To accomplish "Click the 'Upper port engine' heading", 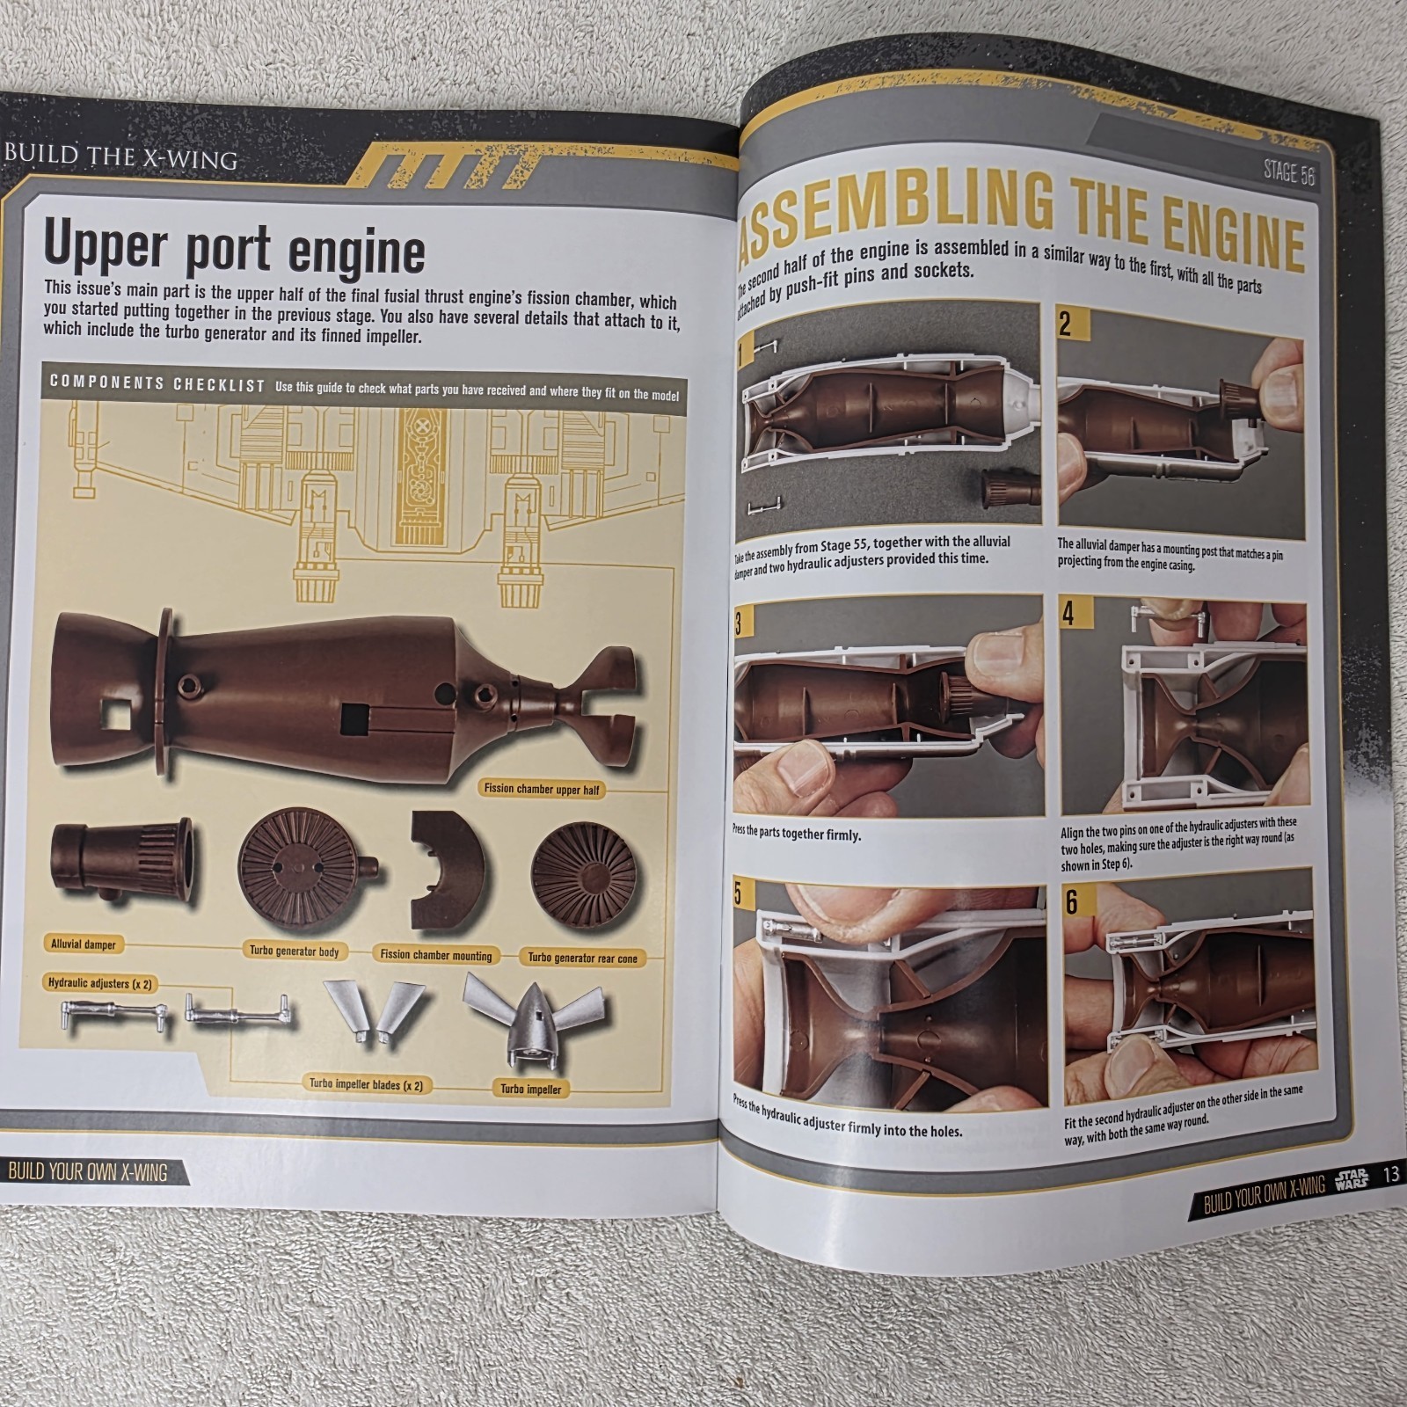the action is (235, 249).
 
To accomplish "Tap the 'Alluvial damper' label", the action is (83, 944).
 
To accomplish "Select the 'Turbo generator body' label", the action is (294, 951).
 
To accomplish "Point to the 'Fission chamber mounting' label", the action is (436, 954).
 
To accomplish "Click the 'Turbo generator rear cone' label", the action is (582, 958).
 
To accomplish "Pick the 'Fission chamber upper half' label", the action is (542, 789).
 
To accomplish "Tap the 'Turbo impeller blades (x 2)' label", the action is (366, 1084).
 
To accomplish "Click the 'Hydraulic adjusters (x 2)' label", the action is (100, 983).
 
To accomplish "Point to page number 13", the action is (1389, 1175).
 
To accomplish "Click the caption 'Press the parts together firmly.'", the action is (797, 833).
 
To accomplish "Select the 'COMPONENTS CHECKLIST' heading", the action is (157, 383).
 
